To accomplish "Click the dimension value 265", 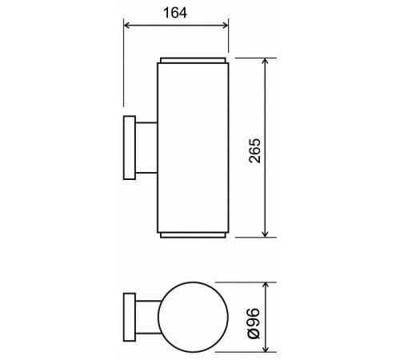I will (254, 149).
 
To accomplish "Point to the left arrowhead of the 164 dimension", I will (126, 24).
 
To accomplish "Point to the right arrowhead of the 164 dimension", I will (226, 24).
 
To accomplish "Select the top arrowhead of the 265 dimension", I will (265, 62).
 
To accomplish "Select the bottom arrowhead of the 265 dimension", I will (265, 233).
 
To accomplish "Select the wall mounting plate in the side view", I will (128, 148).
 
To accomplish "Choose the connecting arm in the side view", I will (146, 148).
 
